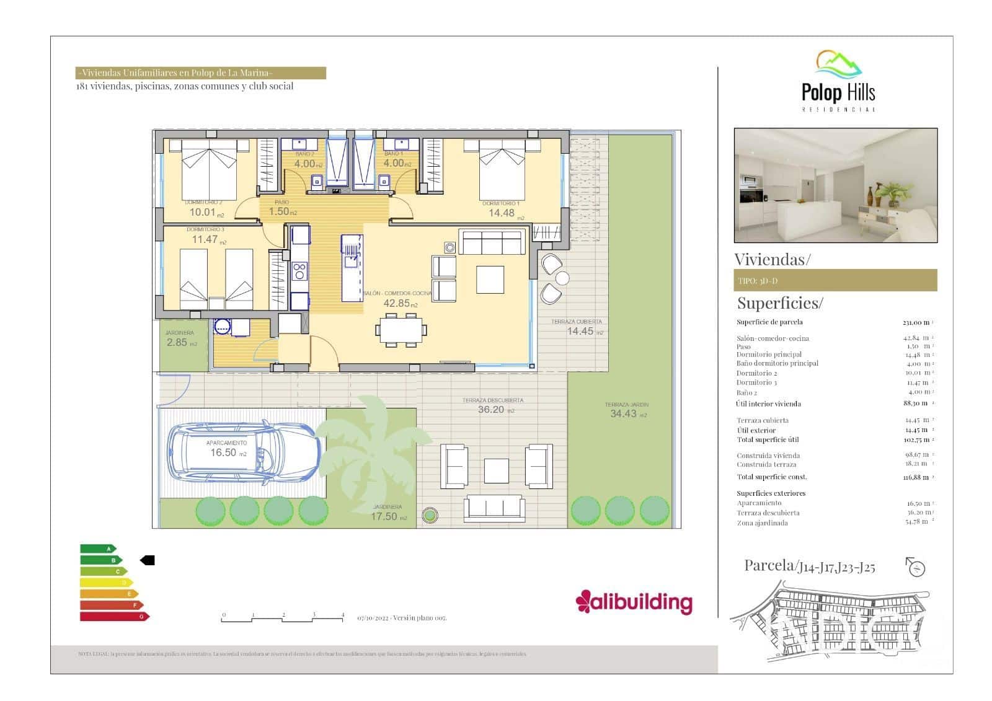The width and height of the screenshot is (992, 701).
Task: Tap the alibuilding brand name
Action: coord(634,602)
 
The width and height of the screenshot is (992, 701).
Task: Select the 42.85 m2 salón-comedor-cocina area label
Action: coord(400,303)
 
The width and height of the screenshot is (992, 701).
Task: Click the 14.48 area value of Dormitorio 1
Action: coord(502,213)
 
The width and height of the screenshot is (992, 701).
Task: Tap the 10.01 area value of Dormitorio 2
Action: coord(203,212)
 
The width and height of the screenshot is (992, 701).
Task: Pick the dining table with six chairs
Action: coord(401,330)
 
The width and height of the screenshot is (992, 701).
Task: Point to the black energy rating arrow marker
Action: coord(148,560)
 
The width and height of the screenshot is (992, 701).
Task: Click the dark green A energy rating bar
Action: coord(98,549)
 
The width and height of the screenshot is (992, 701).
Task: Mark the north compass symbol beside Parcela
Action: coord(915,567)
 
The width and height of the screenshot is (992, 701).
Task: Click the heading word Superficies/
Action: coord(780,303)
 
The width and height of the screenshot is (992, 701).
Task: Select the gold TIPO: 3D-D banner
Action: coord(835,281)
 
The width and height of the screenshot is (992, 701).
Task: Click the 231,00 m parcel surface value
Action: coord(916,322)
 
